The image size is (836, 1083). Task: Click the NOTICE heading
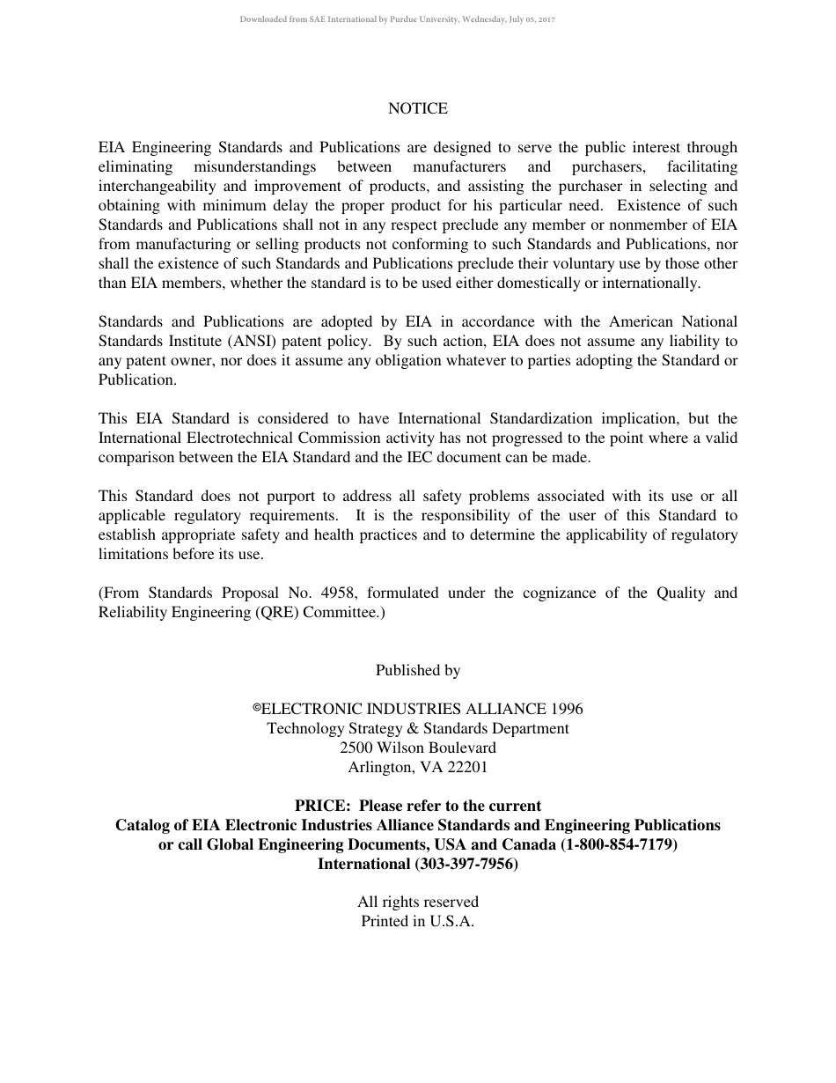coord(418,109)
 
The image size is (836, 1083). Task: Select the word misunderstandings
coord(256,167)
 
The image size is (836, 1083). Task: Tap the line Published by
coord(418,671)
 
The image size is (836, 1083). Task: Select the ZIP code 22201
coord(467,768)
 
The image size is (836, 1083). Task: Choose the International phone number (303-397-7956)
coord(466,865)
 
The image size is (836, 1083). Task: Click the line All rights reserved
coord(418,902)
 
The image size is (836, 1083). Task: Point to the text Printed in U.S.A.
coord(418,922)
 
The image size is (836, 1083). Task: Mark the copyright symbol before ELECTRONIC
coord(258,708)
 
